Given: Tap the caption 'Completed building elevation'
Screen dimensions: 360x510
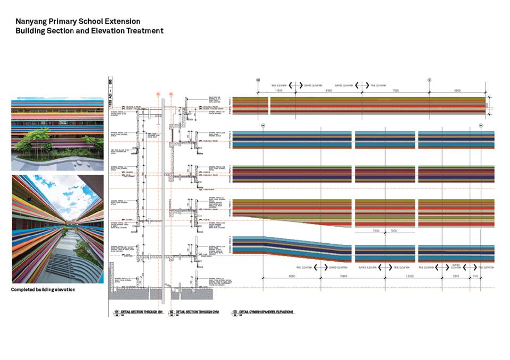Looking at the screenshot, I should pyautogui.click(x=43, y=290).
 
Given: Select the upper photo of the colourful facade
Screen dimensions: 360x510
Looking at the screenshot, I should pyautogui.click(x=57, y=134).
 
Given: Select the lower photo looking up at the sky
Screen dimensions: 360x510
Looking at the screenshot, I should pyautogui.click(x=57, y=229).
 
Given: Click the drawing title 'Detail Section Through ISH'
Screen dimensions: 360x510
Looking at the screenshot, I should pyautogui.click(x=140, y=312).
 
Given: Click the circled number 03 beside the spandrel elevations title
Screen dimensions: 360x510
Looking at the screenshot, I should pyautogui.click(x=234, y=312).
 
